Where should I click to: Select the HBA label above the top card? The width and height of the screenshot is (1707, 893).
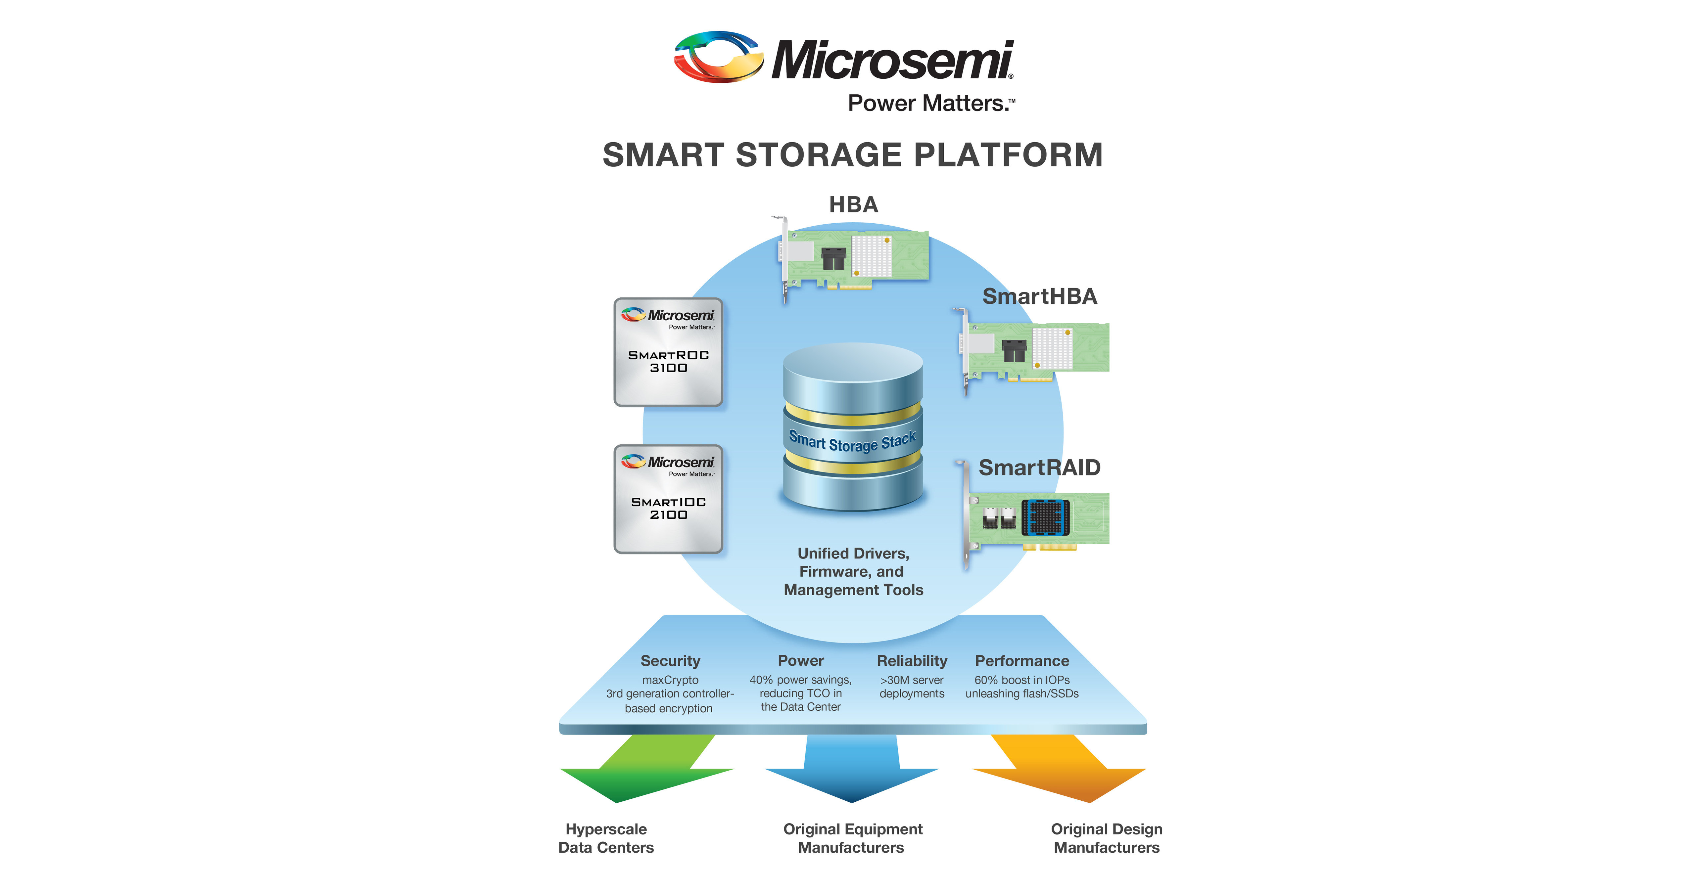click(x=853, y=205)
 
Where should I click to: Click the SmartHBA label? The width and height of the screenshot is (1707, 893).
click(x=1039, y=296)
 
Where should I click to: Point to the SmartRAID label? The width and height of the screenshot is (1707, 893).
click(x=1039, y=468)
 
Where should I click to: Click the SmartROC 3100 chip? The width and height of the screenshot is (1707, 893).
click(x=668, y=352)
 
